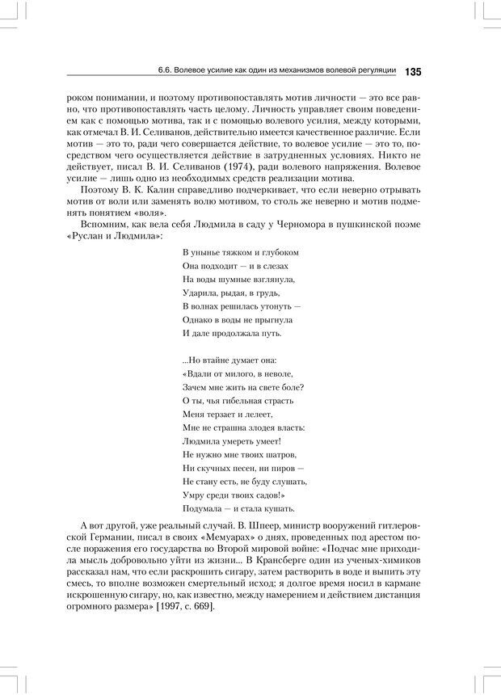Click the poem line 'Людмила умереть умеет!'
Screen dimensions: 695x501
coord(231,440)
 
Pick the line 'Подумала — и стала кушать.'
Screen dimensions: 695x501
coord(238,508)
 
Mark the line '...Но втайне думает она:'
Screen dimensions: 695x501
coord(229,360)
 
